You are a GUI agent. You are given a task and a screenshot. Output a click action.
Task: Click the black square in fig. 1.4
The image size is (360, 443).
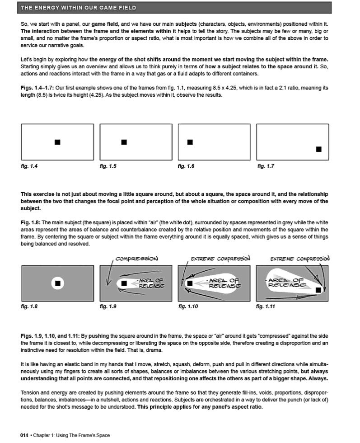tap(57, 142)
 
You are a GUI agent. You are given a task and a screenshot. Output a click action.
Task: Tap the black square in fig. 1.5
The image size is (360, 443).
tap(124, 142)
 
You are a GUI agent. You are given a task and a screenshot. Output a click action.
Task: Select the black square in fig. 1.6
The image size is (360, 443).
tap(190, 142)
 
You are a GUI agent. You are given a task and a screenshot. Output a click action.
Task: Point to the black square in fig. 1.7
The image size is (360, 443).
tap(319, 149)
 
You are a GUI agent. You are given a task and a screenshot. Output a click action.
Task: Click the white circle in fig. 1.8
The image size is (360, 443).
tap(57, 283)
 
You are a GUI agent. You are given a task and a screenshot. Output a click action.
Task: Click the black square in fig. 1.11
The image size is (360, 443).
tap(319, 289)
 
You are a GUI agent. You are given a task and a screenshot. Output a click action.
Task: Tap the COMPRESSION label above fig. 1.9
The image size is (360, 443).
tap(136, 259)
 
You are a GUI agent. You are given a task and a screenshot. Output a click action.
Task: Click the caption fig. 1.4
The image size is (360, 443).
tap(29, 166)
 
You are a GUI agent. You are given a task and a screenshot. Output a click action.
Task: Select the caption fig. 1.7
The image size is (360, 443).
tap(266, 166)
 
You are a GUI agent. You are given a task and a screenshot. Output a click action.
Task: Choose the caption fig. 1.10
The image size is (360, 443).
tap(188, 306)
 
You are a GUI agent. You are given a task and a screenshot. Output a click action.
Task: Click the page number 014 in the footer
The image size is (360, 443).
tap(24, 435)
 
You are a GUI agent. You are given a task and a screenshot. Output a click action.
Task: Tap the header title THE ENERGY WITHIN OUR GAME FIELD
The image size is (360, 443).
tap(79, 8)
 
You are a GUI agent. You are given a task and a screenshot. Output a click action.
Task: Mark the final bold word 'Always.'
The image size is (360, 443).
tap(318, 378)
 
